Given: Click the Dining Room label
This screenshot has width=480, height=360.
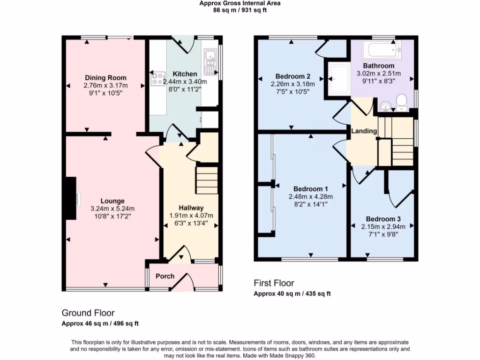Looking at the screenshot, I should [x=105, y=78].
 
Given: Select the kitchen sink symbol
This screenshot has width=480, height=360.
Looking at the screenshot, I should [x=209, y=62].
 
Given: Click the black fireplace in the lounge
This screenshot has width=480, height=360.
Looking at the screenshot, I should [x=71, y=198].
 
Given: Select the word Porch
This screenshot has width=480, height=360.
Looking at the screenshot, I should [x=165, y=276].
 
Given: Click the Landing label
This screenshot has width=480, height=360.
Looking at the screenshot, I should [x=364, y=131].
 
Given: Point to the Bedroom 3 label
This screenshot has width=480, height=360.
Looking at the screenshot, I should [x=383, y=219].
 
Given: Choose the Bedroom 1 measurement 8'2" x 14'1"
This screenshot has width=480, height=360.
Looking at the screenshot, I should [x=310, y=204].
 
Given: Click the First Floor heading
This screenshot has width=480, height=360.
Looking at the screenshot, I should [x=274, y=283].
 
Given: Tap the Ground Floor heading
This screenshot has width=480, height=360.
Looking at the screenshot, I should [x=88, y=313].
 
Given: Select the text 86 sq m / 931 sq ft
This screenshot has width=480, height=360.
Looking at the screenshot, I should [x=240, y=9].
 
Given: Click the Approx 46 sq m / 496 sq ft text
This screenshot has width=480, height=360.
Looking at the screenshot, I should [x=100, y=323].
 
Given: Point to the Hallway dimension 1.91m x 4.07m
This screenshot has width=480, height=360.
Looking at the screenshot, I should [x=191, y=216].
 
